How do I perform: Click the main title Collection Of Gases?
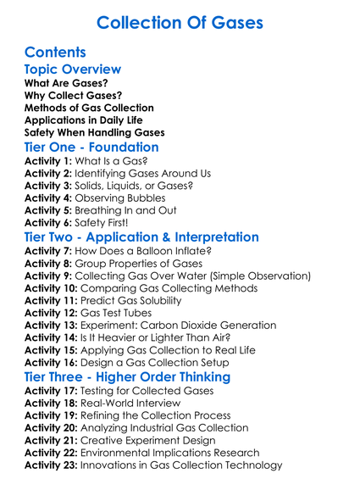(180, 22)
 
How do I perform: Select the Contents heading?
(56, 53)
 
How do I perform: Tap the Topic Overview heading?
(73, 70)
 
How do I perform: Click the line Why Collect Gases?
(73, 96)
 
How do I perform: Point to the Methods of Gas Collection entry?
(89, 108)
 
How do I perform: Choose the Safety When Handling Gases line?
(94, 132)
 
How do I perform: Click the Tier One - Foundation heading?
(91, 147)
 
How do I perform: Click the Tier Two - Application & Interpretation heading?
(141, 237)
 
